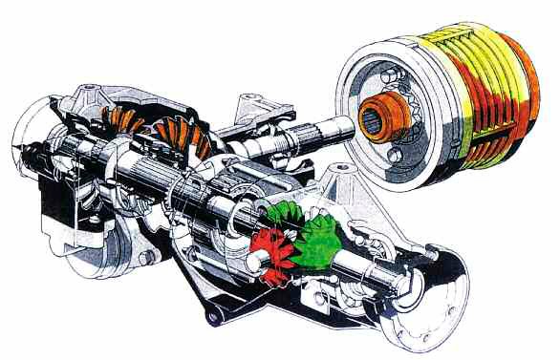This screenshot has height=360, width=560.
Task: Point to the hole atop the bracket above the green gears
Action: (x=340, y=172)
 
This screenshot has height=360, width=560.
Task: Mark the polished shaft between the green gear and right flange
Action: (x=382, y=273)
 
